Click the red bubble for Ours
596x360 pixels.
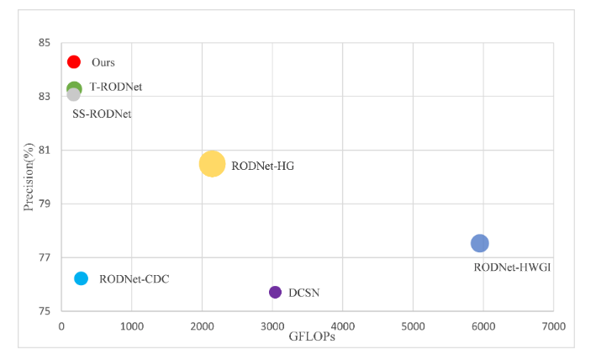(73, 61)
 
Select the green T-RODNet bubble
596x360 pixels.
(74, 87)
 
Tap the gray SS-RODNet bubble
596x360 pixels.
(74, 95)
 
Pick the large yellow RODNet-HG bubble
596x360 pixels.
(212, 164)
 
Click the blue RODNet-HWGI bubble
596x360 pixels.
(479, 243)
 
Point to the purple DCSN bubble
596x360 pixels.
(275, 292)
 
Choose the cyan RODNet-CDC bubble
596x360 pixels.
(81, 278)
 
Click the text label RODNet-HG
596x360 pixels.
(262, 166)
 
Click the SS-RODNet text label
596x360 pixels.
(102, 114)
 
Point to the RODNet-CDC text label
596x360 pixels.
(134, 279)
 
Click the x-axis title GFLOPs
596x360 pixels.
(314, 336)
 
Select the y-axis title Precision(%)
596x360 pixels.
(29, 177)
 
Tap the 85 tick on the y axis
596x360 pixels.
(45, 43)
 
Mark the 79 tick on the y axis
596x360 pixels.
(45, 204)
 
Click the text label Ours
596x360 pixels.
(103, 62)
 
